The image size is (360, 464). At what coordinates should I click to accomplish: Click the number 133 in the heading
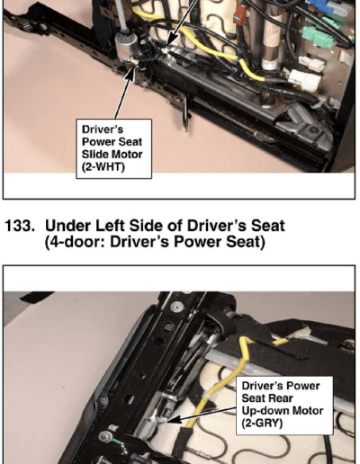click(x=20, y=226)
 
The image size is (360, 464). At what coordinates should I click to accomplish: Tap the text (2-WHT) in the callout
click(x=103, y=166)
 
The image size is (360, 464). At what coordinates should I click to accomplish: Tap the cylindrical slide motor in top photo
click(x=127, y=46)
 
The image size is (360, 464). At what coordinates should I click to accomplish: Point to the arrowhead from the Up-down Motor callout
click(x=174, y=419)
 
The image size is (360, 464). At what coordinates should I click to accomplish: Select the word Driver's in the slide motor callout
click(x=103, y=129)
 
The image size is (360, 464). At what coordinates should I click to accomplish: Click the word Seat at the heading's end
click(x=267, y=226)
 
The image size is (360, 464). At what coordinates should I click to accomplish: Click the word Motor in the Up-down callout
click(x=308, y=411)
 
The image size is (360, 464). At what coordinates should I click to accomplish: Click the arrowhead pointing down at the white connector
click(x=170, y=41)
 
